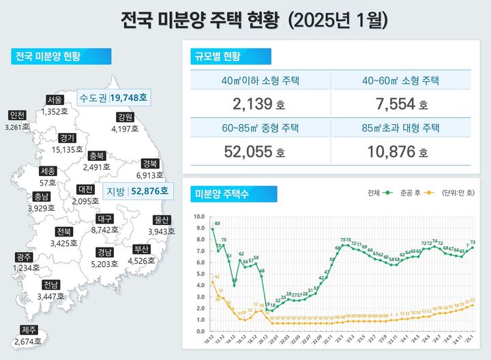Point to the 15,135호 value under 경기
tap(66, 148)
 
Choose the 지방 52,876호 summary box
tap(136, 192)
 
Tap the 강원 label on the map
tap(123, 117)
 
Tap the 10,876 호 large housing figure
tap(400, 152)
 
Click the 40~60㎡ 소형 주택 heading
tap(400, 82)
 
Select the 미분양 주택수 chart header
tap(222, 194)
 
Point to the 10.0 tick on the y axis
tap(199, 217)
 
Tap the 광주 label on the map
tap(23, 258)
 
